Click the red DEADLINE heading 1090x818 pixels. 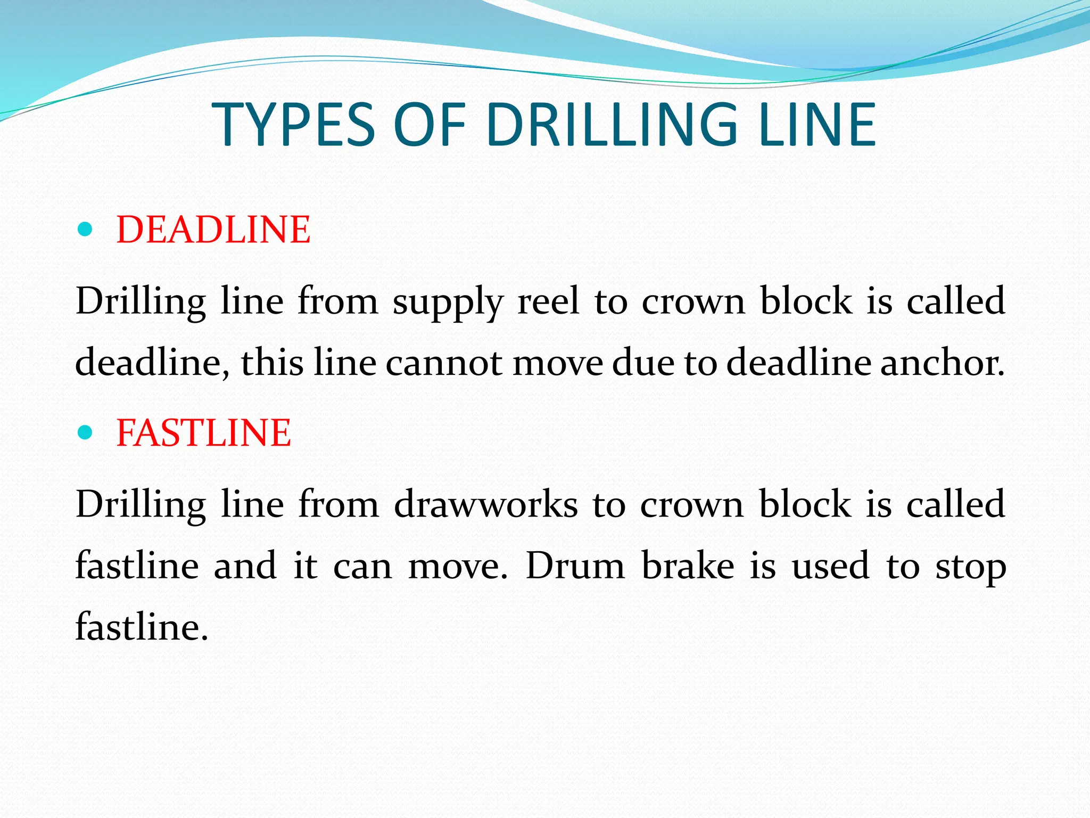213,230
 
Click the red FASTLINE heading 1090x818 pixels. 203,432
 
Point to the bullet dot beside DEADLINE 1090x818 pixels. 85,230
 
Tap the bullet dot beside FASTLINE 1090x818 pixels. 85,432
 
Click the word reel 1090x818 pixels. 548,301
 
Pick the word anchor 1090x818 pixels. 942,363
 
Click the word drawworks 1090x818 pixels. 485,504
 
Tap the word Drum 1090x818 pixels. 575,566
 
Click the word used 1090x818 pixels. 830,566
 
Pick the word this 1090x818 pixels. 271,363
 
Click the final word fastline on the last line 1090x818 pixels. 141,627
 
